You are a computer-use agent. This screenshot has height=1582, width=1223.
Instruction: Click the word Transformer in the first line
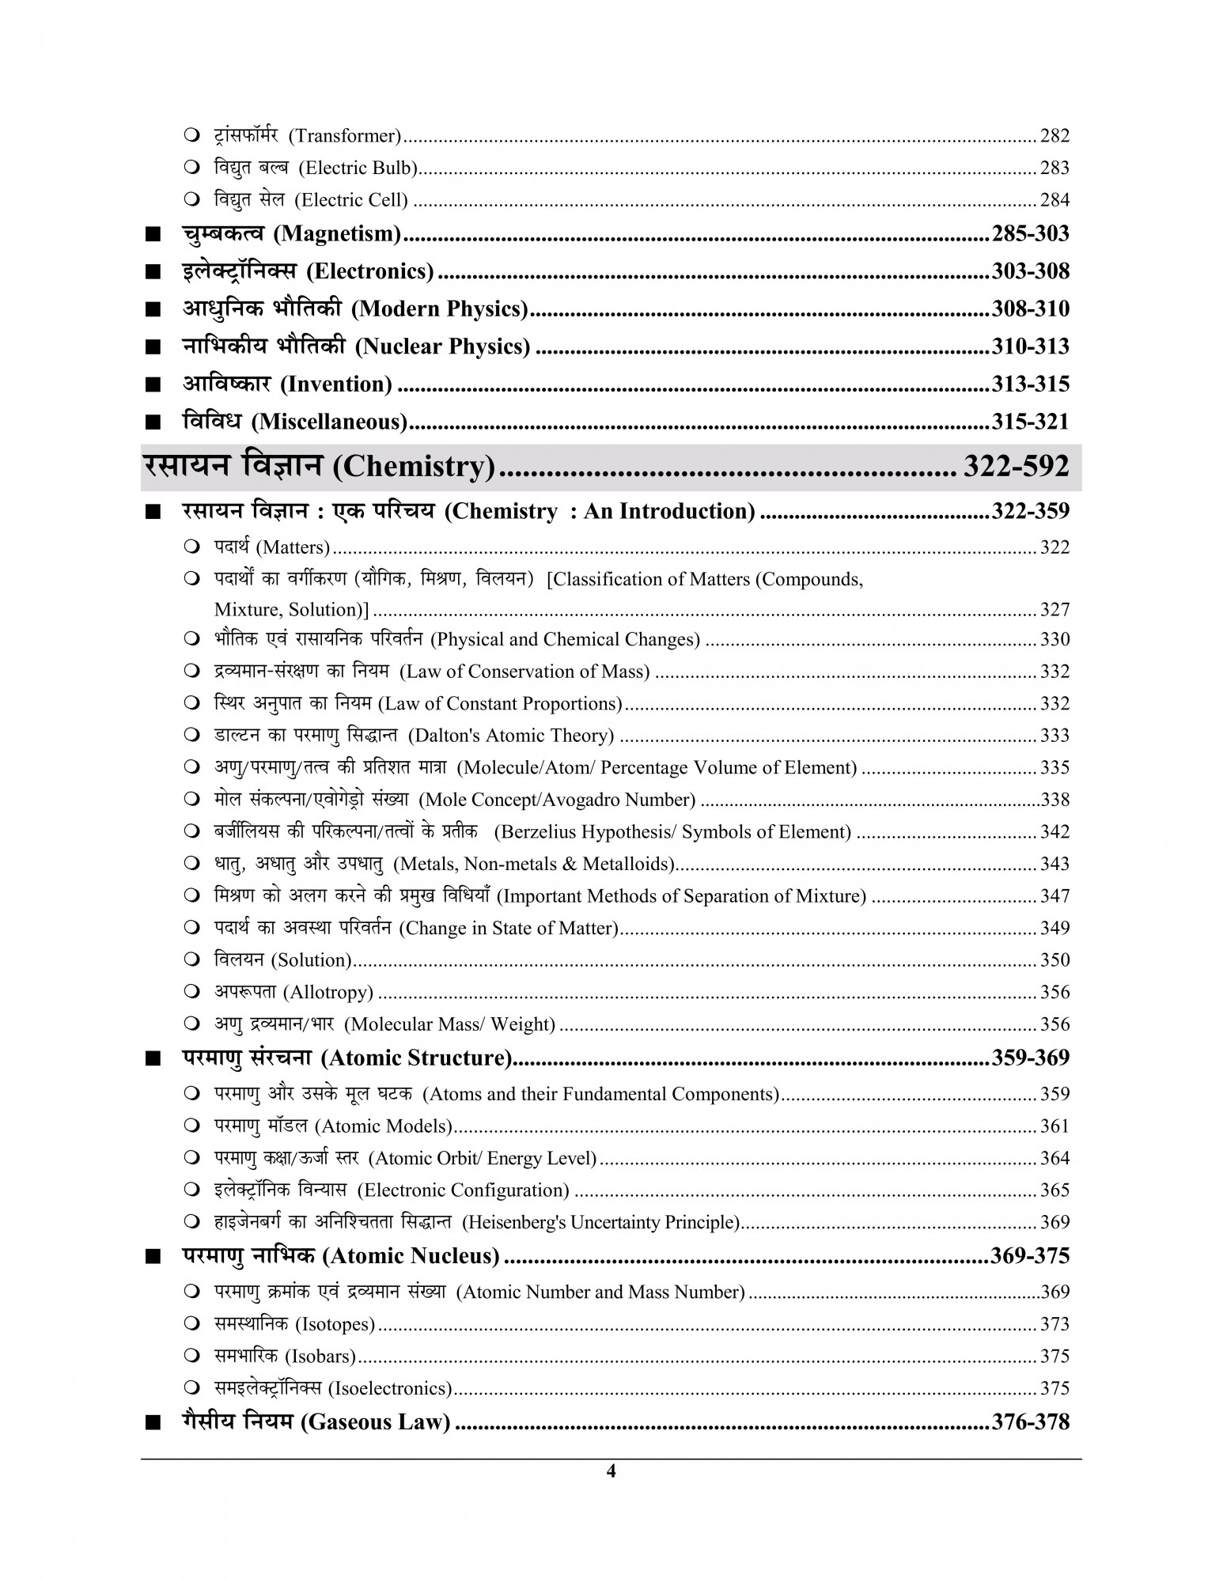tap(345, 136)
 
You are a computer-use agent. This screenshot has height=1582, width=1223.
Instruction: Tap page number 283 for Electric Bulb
tap(1055, 168)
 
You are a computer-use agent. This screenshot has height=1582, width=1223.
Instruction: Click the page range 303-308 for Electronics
tap(1030, 271)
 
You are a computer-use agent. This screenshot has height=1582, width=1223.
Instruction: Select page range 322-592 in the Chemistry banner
tap(1015, 467)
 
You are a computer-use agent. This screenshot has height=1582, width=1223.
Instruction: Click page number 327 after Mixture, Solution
tap(1055, 610)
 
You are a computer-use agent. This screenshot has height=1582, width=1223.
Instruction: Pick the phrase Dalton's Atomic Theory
tap(511, 736)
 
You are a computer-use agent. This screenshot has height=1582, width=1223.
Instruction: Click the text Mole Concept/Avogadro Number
tap(557, 800)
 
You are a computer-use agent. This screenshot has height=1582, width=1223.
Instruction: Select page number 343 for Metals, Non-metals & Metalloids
tap(1055, 864)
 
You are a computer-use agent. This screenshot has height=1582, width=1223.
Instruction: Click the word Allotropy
tap(328, 992)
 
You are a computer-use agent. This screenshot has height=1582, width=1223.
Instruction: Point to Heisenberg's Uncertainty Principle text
tap(600, 1222)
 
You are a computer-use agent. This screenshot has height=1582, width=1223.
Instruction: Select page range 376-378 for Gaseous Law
tap(1030, 1422)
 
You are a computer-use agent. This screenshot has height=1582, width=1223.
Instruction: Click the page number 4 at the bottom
tap(610, 1471)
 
